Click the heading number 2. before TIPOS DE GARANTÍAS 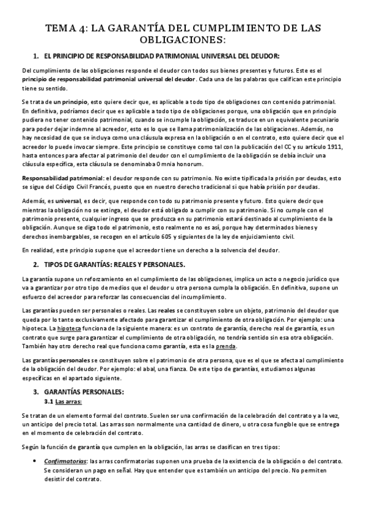[36, 264]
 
